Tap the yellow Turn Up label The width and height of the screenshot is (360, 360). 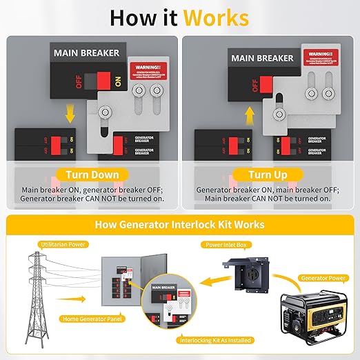click(x=268, y=174)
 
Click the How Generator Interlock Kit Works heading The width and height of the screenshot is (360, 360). click(x=179, y=225)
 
